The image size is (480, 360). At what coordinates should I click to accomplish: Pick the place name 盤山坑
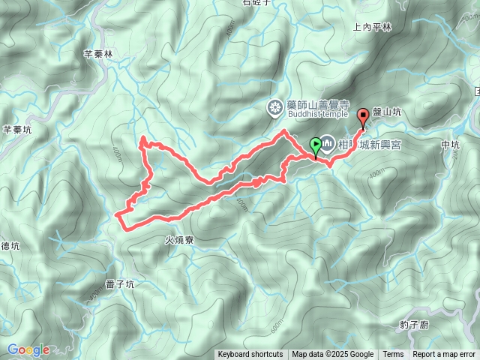[x=387, y=112]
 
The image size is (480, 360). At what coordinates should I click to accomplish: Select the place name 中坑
[x=450, y=144]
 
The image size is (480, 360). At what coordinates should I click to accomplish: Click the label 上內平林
[x=372, y=27]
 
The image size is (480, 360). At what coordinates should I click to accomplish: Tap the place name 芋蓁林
[x=97, y=54]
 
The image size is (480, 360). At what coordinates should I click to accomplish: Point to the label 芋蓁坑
[x=17, y=129]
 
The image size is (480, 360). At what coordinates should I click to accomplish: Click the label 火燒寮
[x=179, y=241]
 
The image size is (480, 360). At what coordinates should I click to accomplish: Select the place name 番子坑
[x=120, y=284]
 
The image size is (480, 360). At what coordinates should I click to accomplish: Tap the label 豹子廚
[x=414, y=325]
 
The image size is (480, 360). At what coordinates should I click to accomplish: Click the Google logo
[x=28, y=349]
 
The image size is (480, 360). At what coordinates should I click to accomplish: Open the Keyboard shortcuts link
[x=250, y=355]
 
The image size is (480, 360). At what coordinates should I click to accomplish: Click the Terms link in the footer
[x=393, y=355]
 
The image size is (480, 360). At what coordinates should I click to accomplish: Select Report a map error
[x=444, y=355]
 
